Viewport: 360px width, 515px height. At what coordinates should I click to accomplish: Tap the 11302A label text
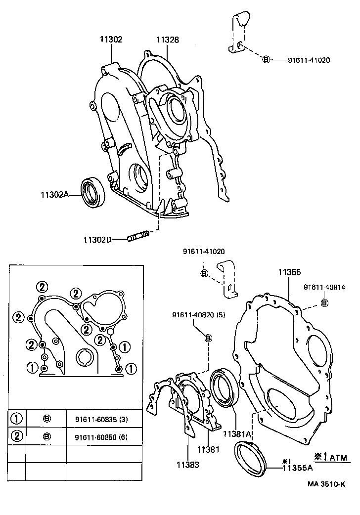click(54, 195)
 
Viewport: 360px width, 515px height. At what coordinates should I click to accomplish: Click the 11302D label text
click(97, 240)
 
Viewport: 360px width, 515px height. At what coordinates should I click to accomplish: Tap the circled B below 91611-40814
click(324, 302)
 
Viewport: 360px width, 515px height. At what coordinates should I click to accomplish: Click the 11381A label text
click(237, 433)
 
